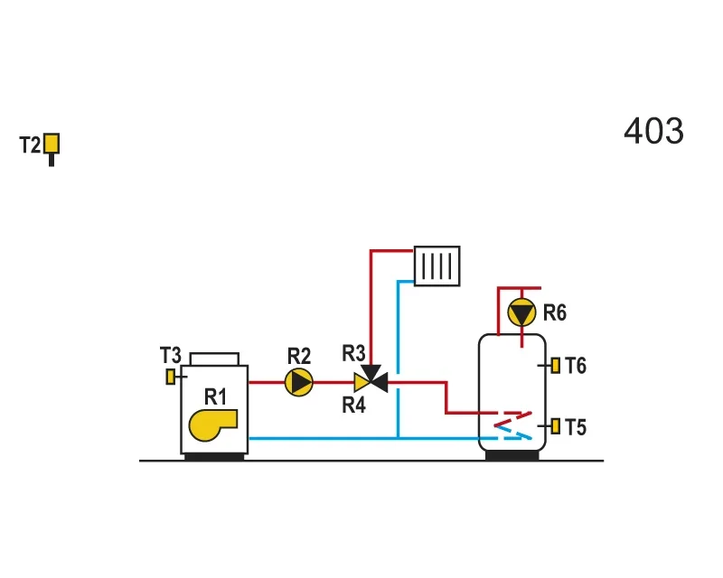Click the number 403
pos(653,131)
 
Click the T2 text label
pos(30,144)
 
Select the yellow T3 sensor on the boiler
pos(171,377)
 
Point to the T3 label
pos(171,355)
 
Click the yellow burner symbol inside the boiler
pos(212,425)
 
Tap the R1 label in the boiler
pos(215,396)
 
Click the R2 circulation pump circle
pos(299,383)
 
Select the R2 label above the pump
pos(299,356)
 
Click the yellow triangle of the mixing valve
pos(361,383)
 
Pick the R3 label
pos(353,353)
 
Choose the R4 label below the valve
pos(353,406)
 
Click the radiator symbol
pos(437,266)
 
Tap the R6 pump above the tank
pos(521,312)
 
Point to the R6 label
pos(555,312)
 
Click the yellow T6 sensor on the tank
pos(556,366)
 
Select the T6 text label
pos(576,366)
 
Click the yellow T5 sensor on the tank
pos(556,426)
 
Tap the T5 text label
pos(576,427)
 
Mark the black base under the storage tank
pos(512,455)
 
